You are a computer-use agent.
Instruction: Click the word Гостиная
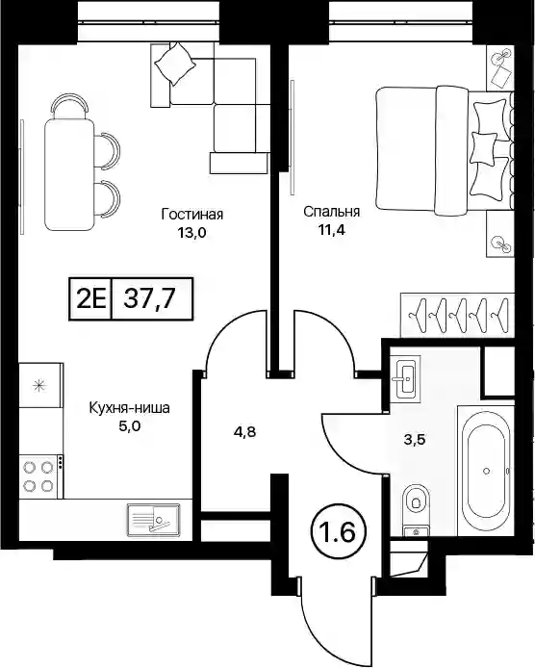[192, 214]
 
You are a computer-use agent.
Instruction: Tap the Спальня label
[331, 212]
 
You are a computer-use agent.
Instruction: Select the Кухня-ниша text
[129, 408]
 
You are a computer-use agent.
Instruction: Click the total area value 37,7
[149, 298]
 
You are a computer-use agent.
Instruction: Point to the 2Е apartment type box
[90, 298]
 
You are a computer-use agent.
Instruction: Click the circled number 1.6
[340, 533]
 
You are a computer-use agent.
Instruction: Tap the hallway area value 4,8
[244, 432]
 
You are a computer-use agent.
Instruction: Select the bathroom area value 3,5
[415, 439]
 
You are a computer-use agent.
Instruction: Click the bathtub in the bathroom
[486, 471]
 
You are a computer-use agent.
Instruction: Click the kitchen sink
[153, 520]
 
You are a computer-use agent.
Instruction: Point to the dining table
[69, 174]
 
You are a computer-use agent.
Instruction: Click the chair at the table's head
[69, 104]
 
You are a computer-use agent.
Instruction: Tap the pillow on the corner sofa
[175, 64]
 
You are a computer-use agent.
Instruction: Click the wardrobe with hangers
[457, 315]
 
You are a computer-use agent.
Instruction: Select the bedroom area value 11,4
[331, 230]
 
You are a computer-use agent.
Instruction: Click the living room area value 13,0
[191, 233]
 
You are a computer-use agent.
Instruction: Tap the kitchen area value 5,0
[129, 426]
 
